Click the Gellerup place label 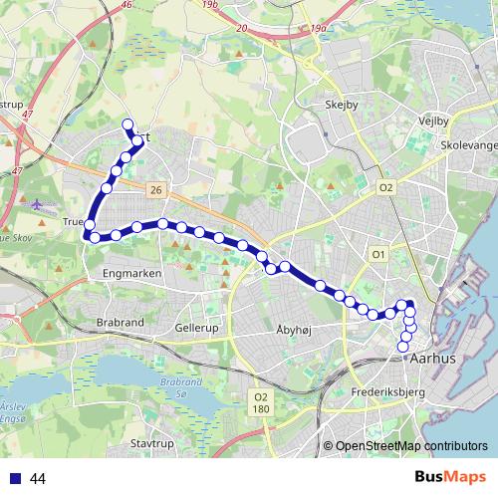coord(195,327)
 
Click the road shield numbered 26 coord(154,188)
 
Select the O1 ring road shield coord(378,255)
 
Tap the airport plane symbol coord(38,204)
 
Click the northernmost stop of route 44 coord(126,124)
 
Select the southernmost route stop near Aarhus coord(403,347)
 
